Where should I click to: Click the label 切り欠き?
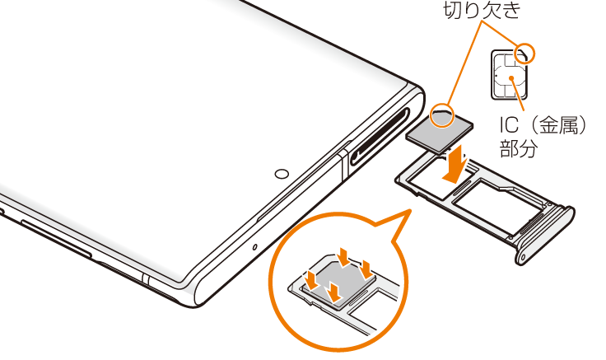482,10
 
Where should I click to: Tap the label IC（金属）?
543,125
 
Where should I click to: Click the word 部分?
519,148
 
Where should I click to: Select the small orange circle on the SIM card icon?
525,54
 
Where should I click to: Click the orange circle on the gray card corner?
442,115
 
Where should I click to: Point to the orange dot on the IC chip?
511,77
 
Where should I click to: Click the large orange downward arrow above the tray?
457,163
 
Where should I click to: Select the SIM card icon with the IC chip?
510,75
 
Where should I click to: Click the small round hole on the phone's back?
282,174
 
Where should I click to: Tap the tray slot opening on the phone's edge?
380,137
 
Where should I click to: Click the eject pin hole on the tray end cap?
524,256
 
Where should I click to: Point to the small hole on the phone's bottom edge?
254,246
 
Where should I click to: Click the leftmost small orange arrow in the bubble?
311,279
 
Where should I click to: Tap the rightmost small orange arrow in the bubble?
365,269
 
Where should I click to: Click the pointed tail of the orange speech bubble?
409,211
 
